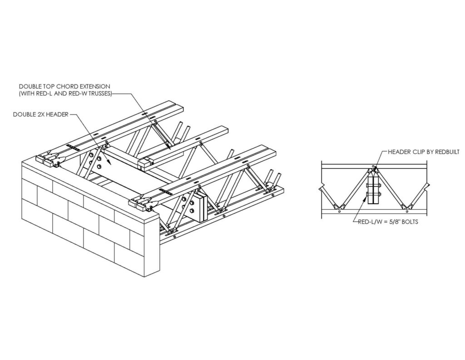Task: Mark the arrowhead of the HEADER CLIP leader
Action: point(375,169)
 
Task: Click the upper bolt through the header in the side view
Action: point(374,186)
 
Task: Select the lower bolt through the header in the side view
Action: point(374,195)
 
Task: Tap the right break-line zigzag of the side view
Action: point(426,186)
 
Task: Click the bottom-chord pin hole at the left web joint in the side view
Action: point(340,212)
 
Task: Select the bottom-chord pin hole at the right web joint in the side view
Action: point(406,212)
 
